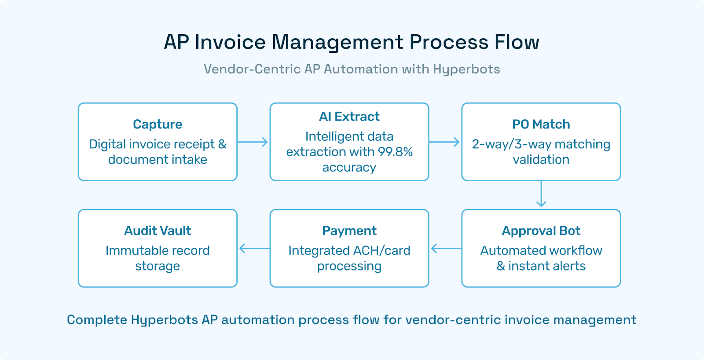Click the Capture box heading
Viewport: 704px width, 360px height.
coord(158,125)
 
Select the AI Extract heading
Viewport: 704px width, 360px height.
coord(349,117)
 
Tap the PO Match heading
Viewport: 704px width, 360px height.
coord(541,125)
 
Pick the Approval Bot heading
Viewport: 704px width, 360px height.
coord(541,231)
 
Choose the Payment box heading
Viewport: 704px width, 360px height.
coord(349,231)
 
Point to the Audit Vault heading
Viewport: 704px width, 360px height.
coord(158,231)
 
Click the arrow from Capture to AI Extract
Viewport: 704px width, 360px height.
coord(253,142)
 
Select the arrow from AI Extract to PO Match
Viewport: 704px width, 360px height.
coord(445,142)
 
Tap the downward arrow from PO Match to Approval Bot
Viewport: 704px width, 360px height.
coord(541,195)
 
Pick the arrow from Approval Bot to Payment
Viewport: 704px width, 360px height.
coord(445,249)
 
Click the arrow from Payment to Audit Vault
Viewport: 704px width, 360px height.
coord(253,249)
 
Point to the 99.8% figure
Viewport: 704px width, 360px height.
coord(395,152)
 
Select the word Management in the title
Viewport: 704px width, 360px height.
coord(337,42)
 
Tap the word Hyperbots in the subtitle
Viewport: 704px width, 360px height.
coord(466,69)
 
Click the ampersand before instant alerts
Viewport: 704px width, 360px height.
coord(501,266)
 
